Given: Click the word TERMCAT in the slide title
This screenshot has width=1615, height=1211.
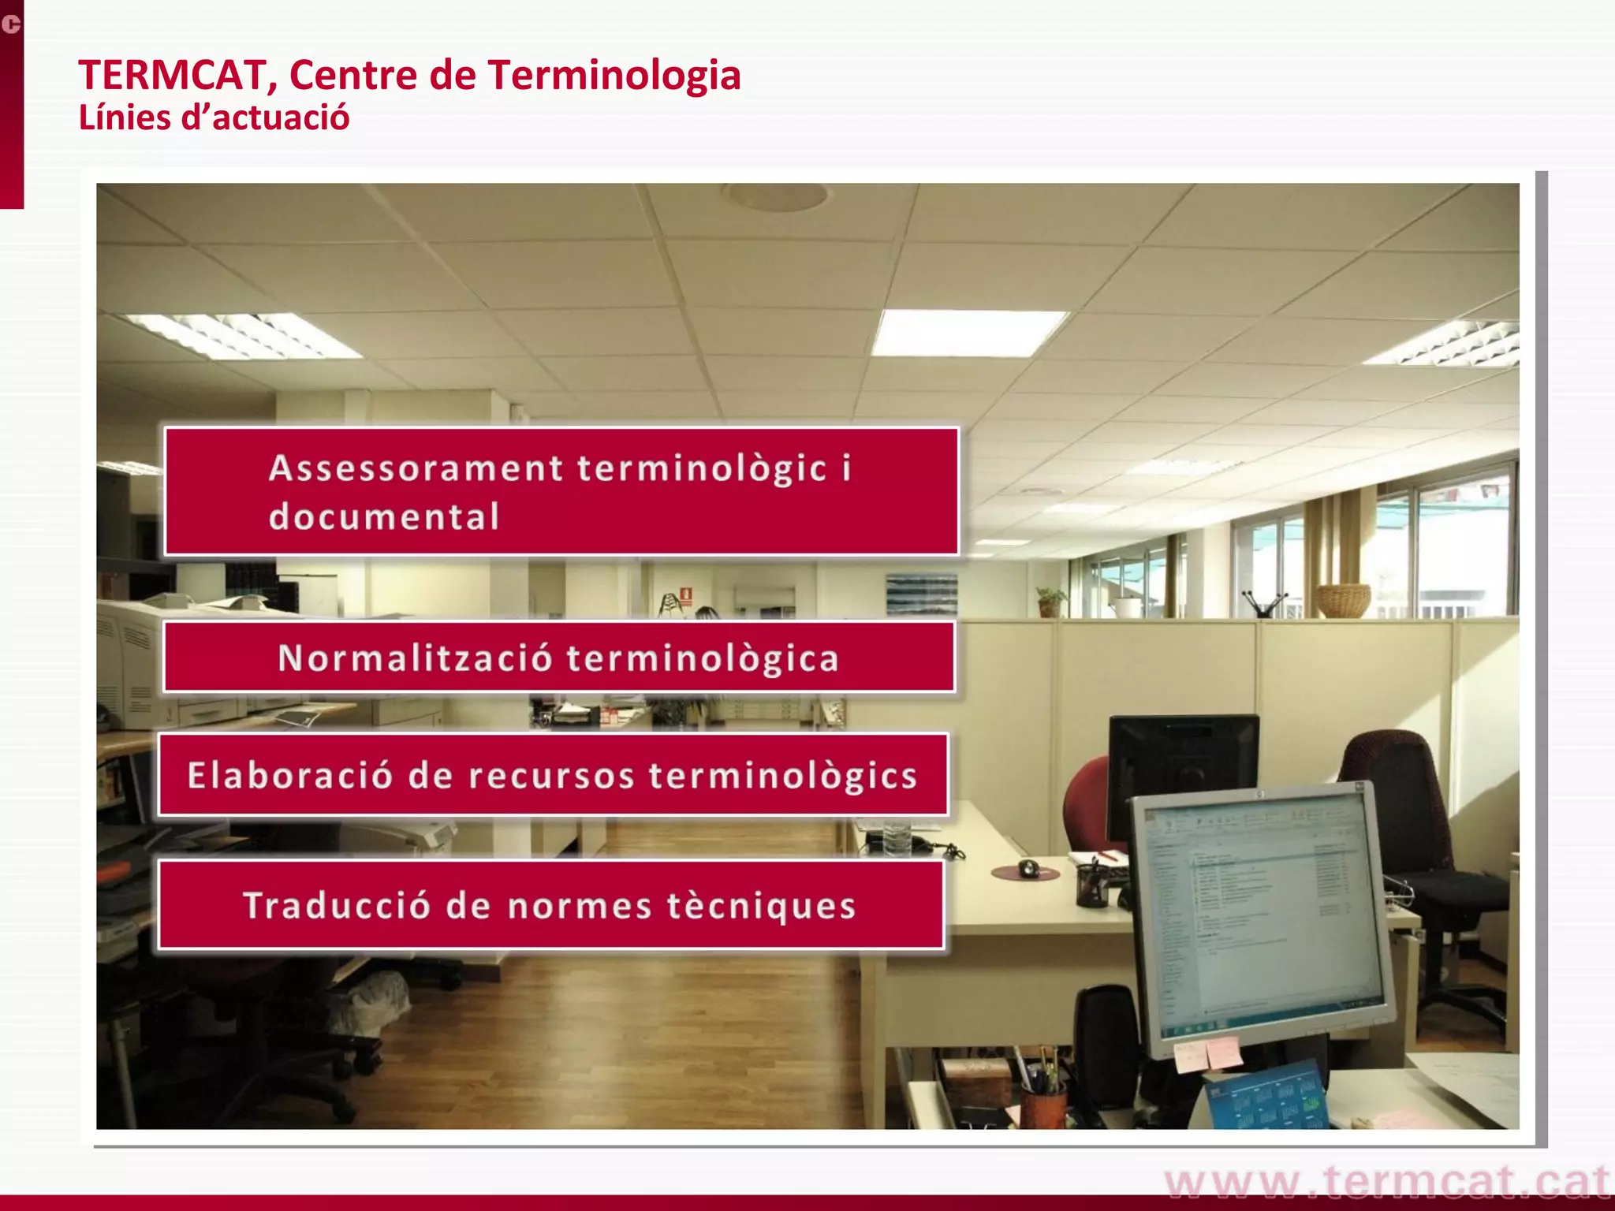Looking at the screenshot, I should pos(172,76).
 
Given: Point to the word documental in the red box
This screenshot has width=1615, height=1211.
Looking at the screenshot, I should pos(384,517).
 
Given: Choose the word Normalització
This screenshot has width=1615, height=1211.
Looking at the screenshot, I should pos(415,658).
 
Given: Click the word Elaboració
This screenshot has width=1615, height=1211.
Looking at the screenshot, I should pos(289,776).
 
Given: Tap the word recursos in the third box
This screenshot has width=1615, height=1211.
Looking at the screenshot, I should pos(551,776).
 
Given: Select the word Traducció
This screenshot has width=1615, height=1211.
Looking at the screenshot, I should pos(336,905).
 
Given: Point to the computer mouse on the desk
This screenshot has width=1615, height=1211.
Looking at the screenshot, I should pos(1028,868).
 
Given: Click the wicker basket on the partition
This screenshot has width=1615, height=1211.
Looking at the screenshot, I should pos(1343,601).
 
